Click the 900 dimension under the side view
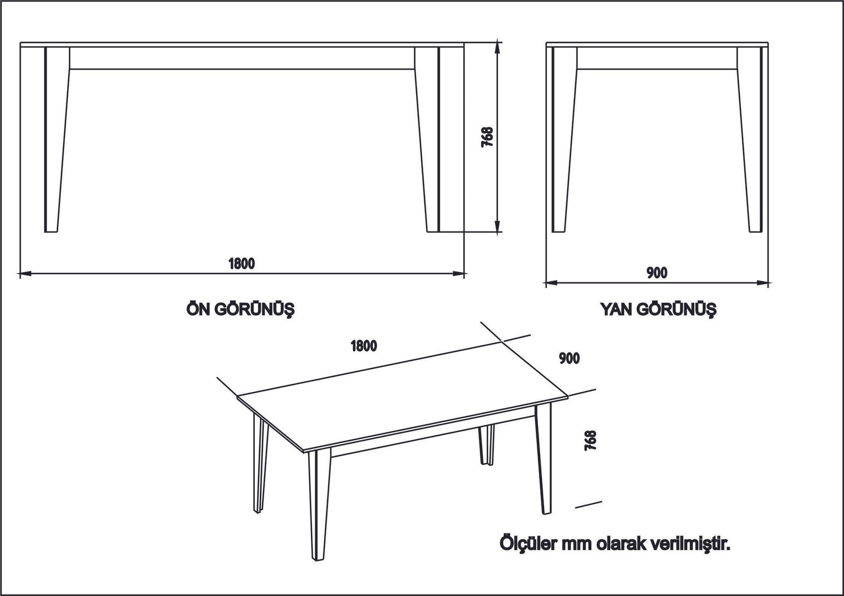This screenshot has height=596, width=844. click(657, 273)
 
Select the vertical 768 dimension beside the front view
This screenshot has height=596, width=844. click(487, 137)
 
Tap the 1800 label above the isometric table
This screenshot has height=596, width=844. click(364, 346)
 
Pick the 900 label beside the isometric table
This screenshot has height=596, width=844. click(569, 359)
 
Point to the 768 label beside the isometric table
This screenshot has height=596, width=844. click(590, 441)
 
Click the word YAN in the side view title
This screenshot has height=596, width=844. click(615, 310)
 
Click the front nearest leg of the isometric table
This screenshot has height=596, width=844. click(319, 506)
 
